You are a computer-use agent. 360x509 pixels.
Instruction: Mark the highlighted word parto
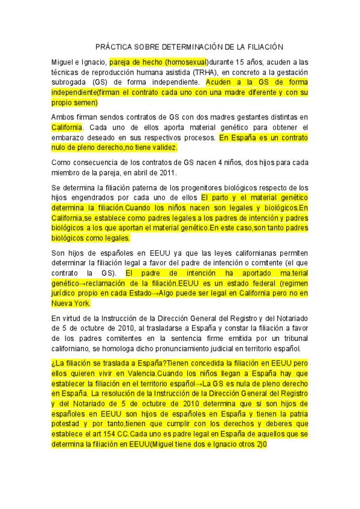pyautogui.click(x=222, y=197)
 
